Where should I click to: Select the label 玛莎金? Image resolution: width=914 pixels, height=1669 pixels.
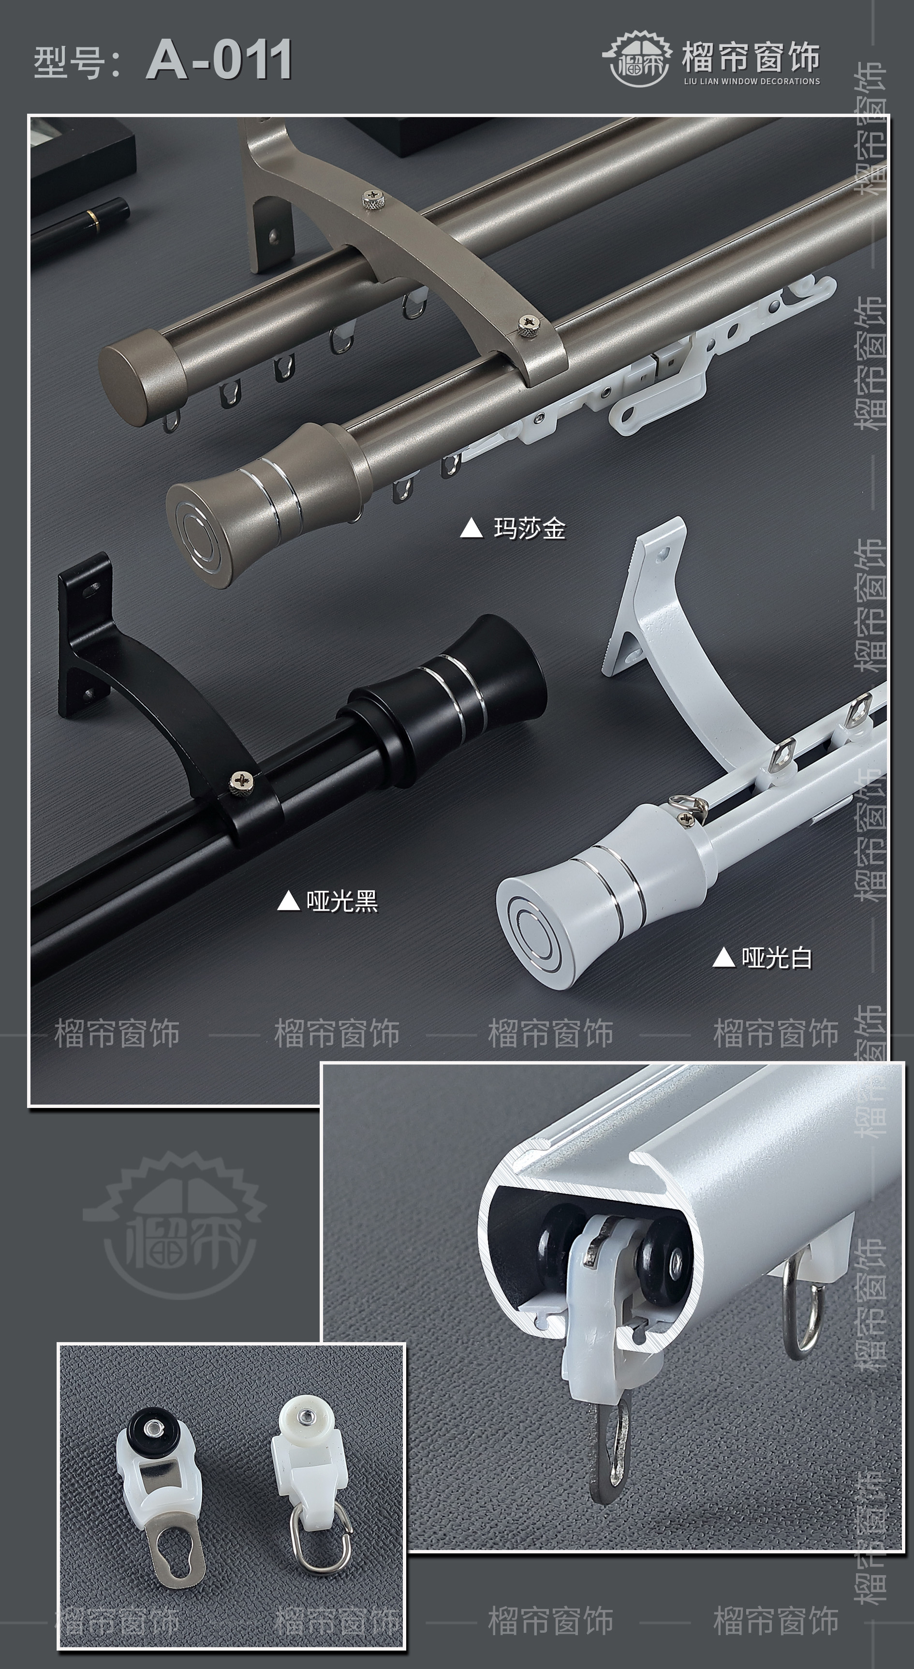coord(530,529)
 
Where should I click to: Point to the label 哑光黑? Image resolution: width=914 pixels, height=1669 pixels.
coord(342,901)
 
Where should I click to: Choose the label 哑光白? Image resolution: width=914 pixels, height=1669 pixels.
coord(777,957)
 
